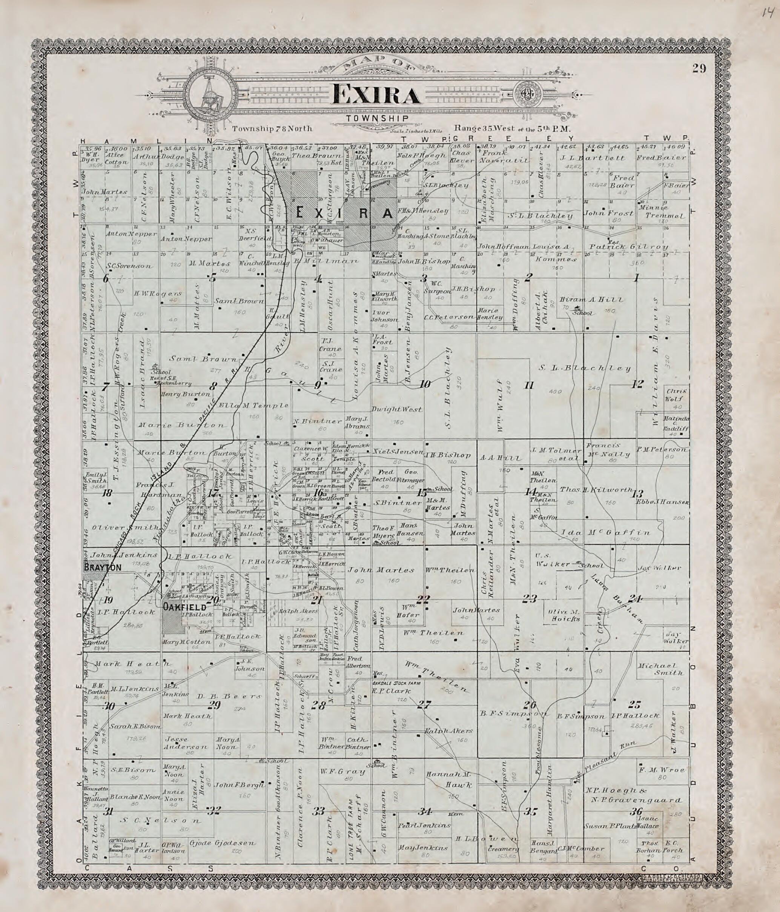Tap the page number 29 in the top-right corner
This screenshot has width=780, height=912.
[x=699, y=68]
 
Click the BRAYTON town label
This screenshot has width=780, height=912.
[x=102, y=568]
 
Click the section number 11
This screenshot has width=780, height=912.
[x=529, y=386]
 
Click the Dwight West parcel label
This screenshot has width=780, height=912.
[x=397, y=409]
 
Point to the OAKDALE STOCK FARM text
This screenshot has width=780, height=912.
[x=395, y=684]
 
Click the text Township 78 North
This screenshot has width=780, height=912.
[x=272, y=129]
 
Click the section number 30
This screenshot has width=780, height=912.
[x=109, y=707]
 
